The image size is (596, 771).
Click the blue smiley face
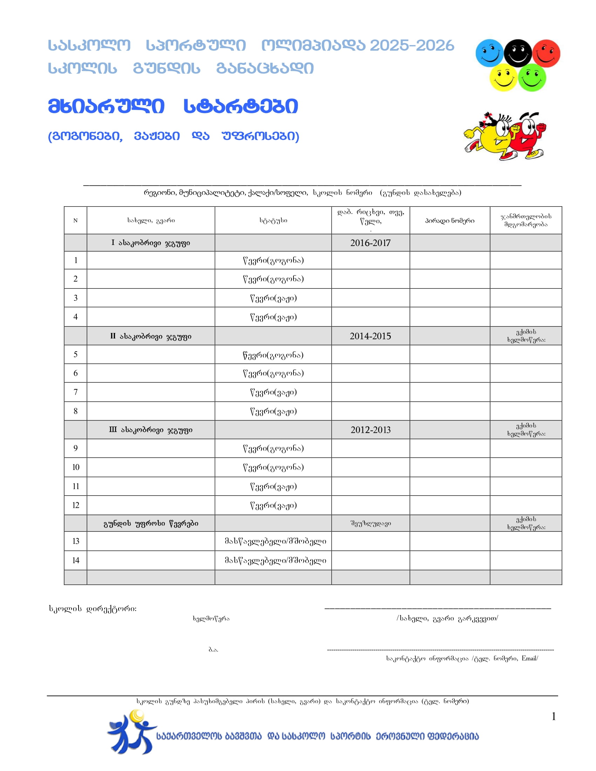(489, 53)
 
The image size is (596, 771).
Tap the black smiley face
(517, 53)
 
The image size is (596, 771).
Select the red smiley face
(546, 53)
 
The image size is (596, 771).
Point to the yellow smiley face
(503, 78)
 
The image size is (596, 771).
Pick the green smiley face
(532, 78)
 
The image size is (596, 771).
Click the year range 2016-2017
(370, 243)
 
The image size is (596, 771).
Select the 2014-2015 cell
(370, 336)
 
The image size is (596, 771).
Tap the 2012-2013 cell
(370, 430)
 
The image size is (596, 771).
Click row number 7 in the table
(76, 392)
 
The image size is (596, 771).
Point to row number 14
(76, 560)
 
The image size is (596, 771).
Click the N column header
(75, 221)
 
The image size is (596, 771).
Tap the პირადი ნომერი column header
(449, 221)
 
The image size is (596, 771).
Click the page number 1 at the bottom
(554, 716)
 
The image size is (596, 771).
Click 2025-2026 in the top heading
(412, 46)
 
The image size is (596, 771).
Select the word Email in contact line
(529, 658)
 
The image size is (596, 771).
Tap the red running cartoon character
(526, 136)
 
